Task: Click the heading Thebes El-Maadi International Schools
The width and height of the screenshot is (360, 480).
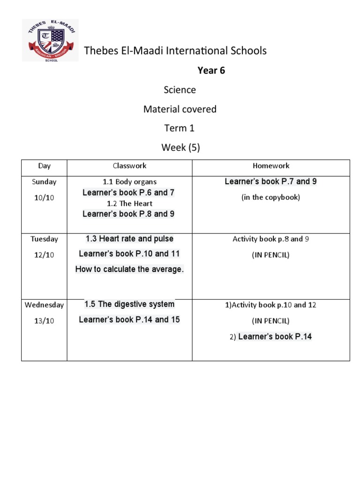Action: tap(175, 51)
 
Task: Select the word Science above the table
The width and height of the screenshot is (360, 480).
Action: tap(180, 90)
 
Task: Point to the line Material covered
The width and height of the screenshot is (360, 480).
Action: tap(180, 109)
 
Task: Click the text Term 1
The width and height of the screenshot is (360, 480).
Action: tap(180, 128)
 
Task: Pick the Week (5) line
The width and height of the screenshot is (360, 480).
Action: tap(180, 148)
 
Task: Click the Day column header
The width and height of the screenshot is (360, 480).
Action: tap(45, 166)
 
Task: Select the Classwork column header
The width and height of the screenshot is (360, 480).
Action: tap(129, 166)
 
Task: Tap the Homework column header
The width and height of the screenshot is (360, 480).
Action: tap(271, 166)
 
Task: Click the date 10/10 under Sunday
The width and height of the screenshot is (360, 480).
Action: tap(44, 198)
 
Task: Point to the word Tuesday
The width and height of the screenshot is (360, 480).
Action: tap(45, 239)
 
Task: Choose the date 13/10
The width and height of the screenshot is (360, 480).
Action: tap(44, 321)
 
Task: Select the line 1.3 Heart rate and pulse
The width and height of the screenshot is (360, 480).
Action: tap(129, 239)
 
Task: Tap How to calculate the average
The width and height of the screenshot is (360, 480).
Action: tap(129, 270)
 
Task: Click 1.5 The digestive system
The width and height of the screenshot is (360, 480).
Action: tap(129, 304)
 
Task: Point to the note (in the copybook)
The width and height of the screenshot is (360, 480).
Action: tap(270, 197)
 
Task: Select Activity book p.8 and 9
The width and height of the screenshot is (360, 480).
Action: tap(270, 239)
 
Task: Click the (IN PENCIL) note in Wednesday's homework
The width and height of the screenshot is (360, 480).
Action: tap(270, 321)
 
